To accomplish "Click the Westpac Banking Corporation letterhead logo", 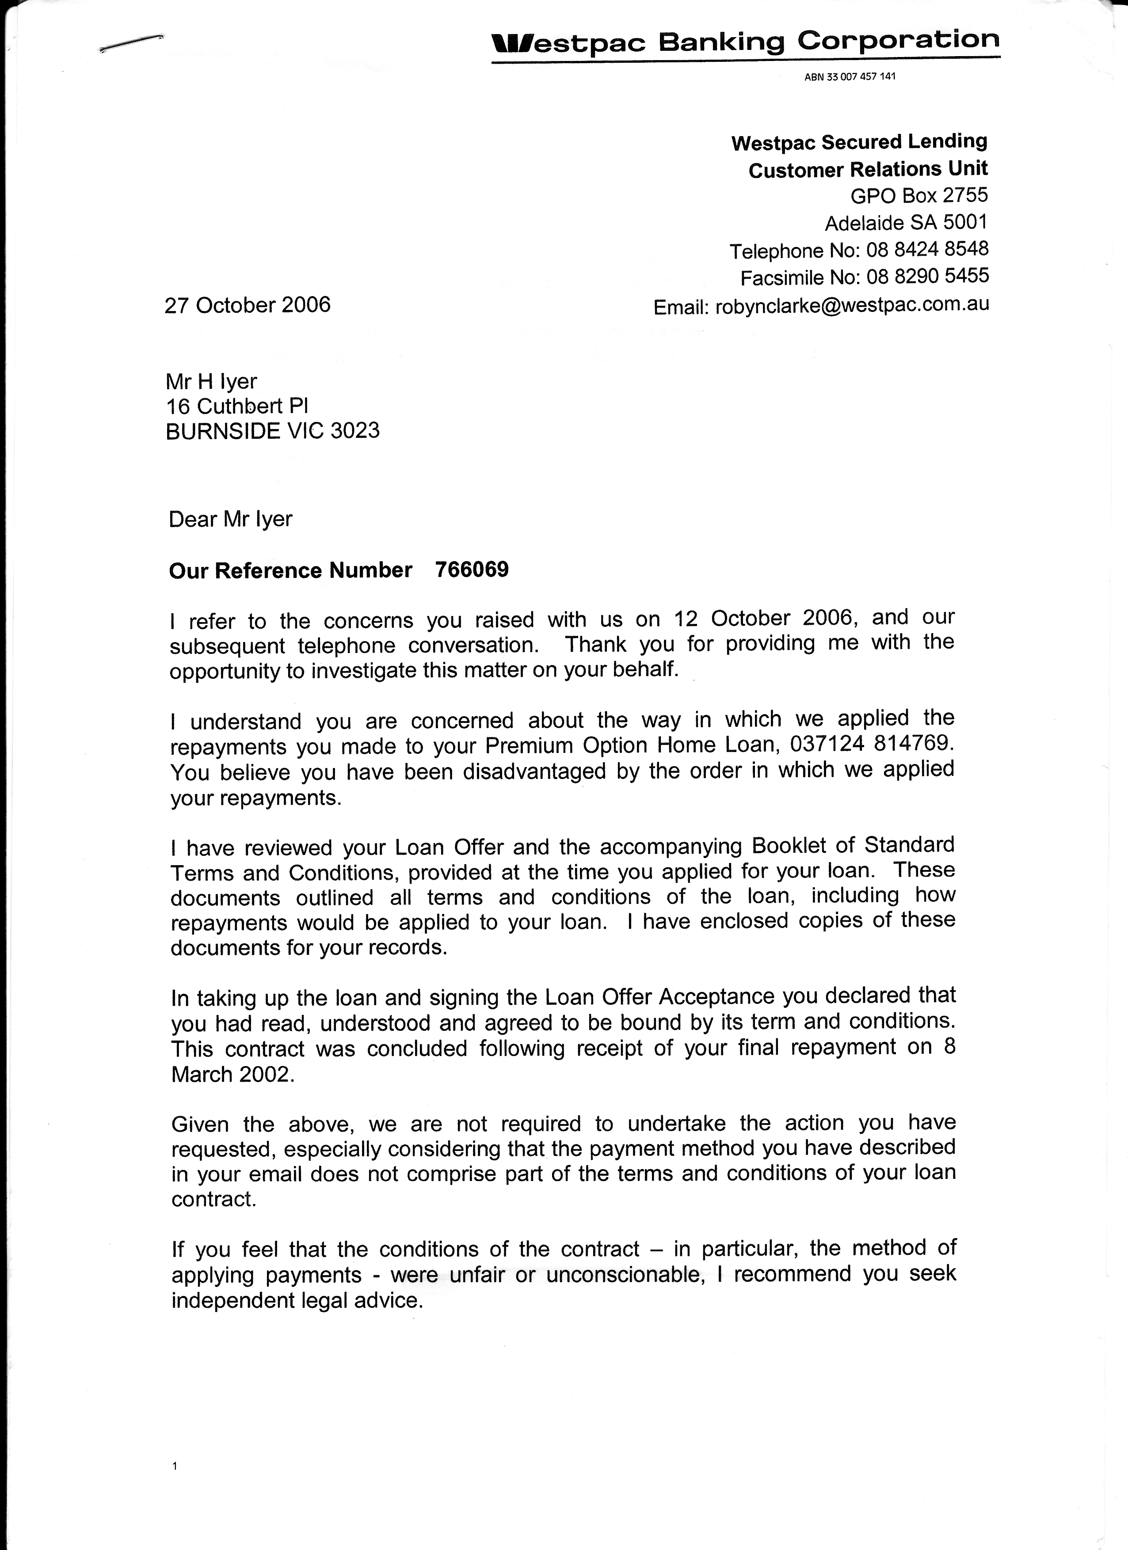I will [x=745, y=42].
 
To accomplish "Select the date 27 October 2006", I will [x=248, y=305].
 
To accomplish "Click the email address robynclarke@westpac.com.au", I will [x=852, y=305].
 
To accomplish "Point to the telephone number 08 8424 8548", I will [x=927, y=250].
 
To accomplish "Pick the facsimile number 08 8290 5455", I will [x=927, y=276].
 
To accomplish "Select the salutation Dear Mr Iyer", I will [x=230, y=520].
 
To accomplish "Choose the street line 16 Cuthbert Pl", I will [x=237, y=406].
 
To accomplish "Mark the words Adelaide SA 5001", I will [x=906, y=223].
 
